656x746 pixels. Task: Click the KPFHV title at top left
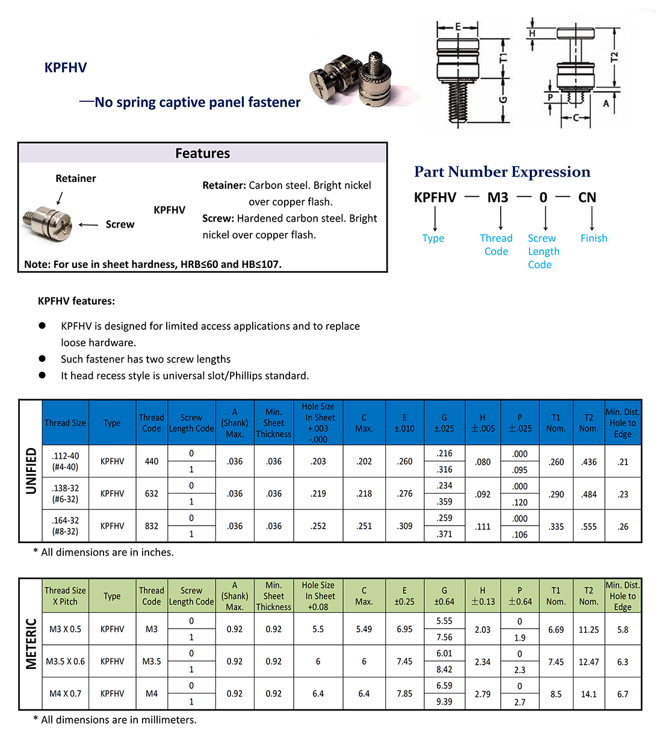66,67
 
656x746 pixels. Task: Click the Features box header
202,154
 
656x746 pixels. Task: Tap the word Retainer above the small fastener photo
75,178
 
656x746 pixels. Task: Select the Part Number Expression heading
502,172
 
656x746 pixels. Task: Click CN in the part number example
587,197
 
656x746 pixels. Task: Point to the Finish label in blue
593,238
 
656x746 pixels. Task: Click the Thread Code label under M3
496,244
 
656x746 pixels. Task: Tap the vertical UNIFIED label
31,471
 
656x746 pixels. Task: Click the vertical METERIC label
31,644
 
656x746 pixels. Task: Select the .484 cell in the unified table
589,494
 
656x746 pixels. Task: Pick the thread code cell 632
152,494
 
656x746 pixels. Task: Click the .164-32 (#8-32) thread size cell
65,526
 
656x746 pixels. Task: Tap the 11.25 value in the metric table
589,629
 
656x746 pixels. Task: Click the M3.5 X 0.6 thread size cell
65,661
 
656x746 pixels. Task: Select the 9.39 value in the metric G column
444,701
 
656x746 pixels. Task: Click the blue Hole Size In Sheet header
318,423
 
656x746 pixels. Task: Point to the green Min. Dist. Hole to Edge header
622,595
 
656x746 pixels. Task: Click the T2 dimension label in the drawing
614,57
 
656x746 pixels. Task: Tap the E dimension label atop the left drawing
457,27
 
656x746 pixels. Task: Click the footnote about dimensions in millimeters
115,720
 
